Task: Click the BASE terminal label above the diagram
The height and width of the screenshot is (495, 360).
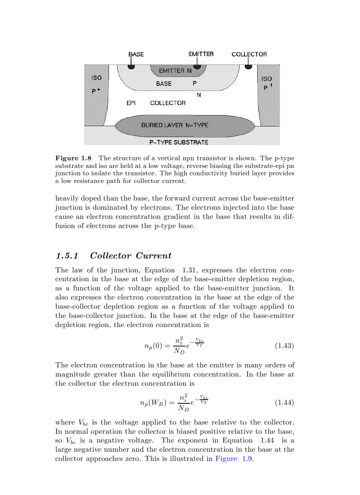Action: point(136,54)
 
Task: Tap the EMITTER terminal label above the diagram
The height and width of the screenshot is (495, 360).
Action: point(201,54)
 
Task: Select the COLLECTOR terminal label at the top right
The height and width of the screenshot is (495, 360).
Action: point(249,54)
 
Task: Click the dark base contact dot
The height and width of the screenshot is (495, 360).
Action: point(131,67)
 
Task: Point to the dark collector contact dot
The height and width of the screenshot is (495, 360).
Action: point(249,67)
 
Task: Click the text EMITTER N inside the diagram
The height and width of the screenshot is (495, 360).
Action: point(174,71)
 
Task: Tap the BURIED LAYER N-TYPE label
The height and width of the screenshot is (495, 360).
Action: point(175,125)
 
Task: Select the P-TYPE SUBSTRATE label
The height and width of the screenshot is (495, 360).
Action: point(179,142)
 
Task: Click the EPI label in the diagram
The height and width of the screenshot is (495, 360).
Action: point(131,103)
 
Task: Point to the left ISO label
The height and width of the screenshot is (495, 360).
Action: point(96,78)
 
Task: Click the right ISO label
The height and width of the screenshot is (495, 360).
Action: point(266,79)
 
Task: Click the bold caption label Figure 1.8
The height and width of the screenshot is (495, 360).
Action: point(73,158)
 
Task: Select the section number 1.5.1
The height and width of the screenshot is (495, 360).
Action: point(67,256)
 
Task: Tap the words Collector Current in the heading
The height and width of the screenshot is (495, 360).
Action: point(131,256)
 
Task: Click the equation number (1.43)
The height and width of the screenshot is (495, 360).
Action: point(284,346)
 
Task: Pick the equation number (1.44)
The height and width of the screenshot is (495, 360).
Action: point(284,402)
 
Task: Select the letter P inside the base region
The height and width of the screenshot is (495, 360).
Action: point(195,83)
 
